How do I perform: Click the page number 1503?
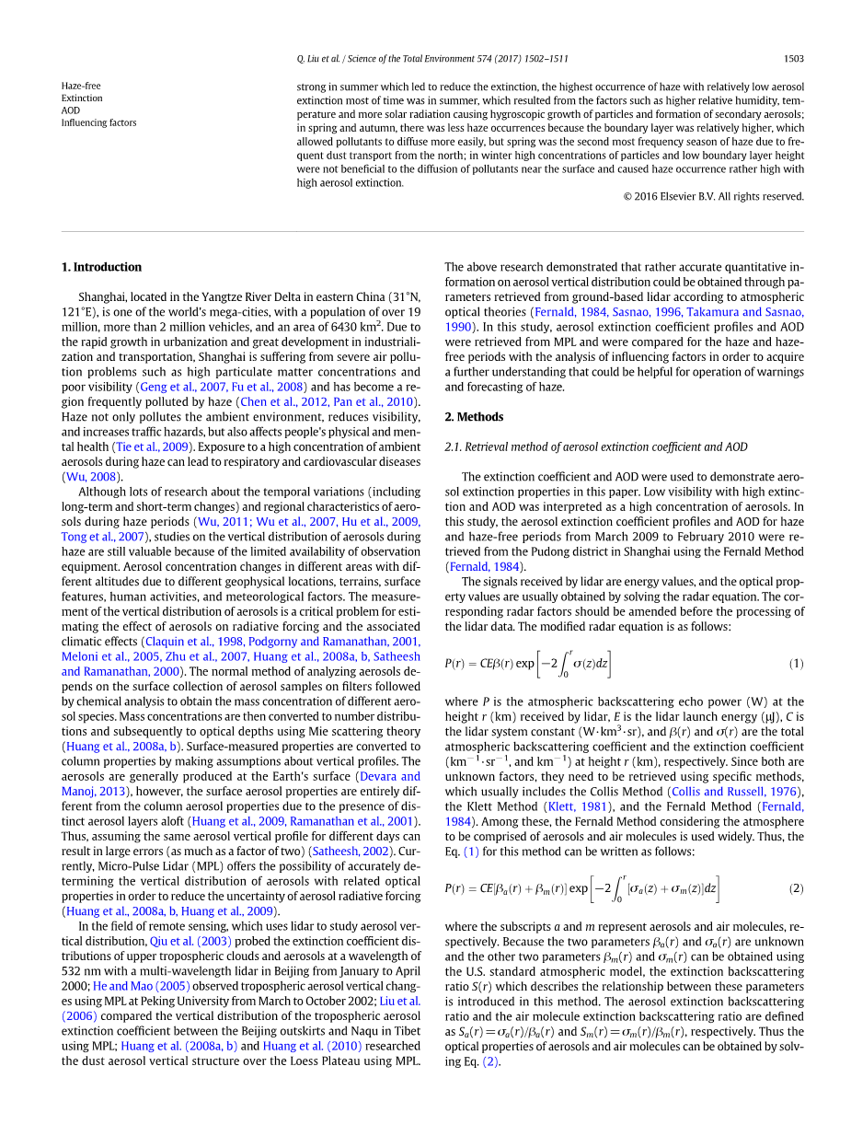[x=793, y=59]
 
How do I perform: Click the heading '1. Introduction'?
[x=101, y=267]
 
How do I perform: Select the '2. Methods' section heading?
[x=474, y=417]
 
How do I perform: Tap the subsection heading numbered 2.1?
[x=596, y=447]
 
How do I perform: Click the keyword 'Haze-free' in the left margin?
[x=81, y=86]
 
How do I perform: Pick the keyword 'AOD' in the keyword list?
[x=71, y=110]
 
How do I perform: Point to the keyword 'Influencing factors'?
[x=98, y=122]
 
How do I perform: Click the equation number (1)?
[x=796, y=664]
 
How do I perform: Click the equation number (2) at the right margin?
[x=796, y=888]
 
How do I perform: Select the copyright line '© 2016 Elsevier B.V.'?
[x=713, y=196]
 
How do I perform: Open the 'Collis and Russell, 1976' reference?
[x=735, y=792]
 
